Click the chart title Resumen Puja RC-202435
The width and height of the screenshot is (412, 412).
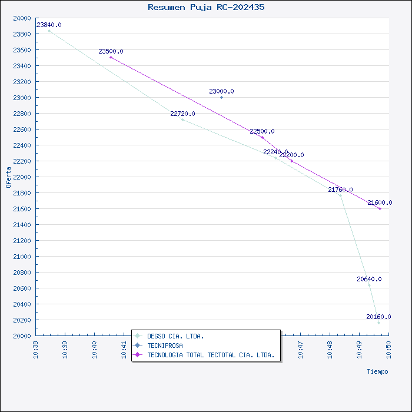click(206, 8)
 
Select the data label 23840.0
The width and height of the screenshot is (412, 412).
click(49, 25)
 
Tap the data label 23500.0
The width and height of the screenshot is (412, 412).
click(111, 52)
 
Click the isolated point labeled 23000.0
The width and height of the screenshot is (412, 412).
click(221, 97)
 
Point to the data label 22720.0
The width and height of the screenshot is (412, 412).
click(182, 114)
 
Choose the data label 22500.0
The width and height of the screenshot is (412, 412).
click(262, 132)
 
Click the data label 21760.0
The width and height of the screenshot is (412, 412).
click(340, 190)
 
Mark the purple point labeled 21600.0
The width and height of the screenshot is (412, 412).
click(380, 208)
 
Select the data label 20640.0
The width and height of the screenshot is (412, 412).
click(369, 279)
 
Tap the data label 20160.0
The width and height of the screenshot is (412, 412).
click(378, 317)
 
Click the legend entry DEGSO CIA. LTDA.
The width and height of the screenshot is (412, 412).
click(175, 336)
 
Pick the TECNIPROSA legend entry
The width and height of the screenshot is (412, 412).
click(165, 345)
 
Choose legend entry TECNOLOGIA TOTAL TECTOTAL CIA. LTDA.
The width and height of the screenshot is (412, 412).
click(210, 355)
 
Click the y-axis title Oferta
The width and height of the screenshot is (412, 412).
click(8, 177)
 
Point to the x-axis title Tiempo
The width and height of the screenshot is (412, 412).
click(377, 371)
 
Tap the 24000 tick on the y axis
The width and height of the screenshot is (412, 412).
click(22, 18)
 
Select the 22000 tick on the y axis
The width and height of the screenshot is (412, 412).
click(22, 177)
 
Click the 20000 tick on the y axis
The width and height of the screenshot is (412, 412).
click(22, 336)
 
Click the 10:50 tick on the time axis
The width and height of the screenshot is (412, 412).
click(388, 348)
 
